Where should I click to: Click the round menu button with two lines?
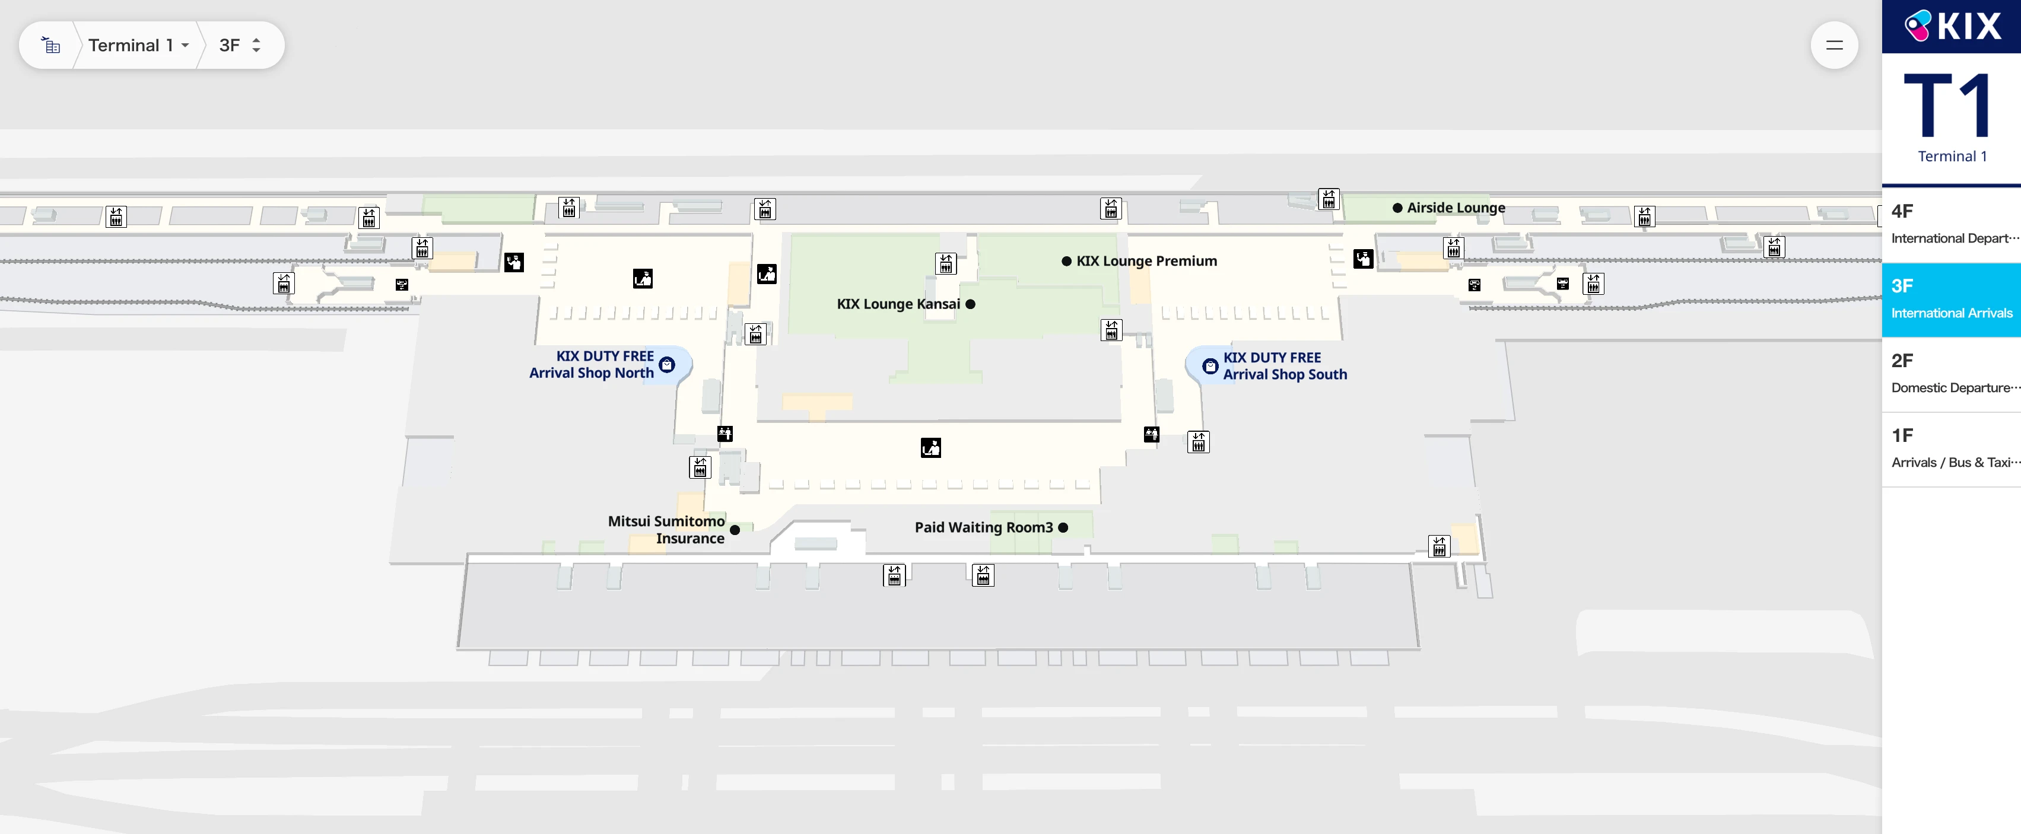(x=1833, y=46)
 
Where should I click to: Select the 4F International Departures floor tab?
(x=1951, y=224)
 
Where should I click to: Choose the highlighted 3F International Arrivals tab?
(x=1951, y=299)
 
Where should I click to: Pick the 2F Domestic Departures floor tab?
(x=1951, y=374)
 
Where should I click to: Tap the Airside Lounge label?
(x=1456, y=208)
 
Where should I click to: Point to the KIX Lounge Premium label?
(x=1146, y=261)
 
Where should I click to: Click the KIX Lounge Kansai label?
(x=898, y=304)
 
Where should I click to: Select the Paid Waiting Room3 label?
(x=983, y=528)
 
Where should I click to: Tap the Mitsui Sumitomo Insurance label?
(x=667, y=530)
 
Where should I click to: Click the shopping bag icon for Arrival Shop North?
(x=667, y=364)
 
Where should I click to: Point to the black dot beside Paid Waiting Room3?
(x=1063, y=528)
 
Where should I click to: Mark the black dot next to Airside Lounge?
(x=1397, y=208)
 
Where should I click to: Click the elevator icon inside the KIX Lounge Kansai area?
(x=946, y=263)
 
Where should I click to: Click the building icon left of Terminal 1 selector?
(x=51, y=46)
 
